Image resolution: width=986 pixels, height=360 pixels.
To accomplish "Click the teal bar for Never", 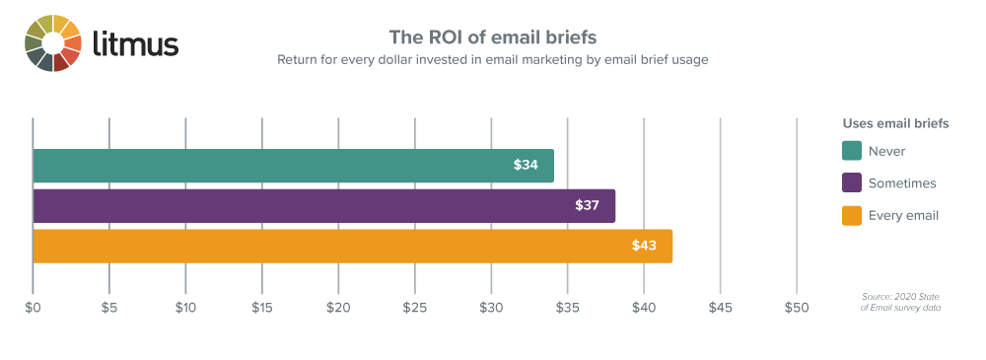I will click(293, 166).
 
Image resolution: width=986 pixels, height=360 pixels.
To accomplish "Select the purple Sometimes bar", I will click(323, 205).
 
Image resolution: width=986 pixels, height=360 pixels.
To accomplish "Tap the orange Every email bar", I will click(352, 246).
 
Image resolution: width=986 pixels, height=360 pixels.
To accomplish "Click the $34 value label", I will click(526, 166).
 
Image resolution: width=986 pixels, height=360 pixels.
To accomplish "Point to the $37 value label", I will click(588, 205).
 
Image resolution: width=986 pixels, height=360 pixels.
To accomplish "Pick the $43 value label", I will click(644, 246).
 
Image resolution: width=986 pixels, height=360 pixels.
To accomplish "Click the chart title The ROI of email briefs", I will click(492, 37).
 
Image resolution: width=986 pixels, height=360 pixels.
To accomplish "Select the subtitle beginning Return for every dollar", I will click(492, 59).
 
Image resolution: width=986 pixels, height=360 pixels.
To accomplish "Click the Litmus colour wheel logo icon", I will click(52, 43).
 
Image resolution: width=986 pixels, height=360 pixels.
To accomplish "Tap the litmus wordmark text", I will click(134, 44).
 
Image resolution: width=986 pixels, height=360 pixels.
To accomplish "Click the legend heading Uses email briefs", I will click(895, 124).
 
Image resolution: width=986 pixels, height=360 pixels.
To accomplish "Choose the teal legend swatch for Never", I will click(852, 151).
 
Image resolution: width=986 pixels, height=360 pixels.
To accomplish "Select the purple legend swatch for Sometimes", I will click(852, 182).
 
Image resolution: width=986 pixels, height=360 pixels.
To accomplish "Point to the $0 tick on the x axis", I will click(33, 308).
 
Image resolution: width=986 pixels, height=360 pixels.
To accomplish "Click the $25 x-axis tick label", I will click(414, 308).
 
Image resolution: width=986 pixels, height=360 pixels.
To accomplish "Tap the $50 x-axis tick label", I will click(796, 308).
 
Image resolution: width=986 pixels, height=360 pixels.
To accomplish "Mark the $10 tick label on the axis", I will click(185, 308).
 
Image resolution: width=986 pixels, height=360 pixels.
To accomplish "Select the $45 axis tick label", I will click(720, 308).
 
